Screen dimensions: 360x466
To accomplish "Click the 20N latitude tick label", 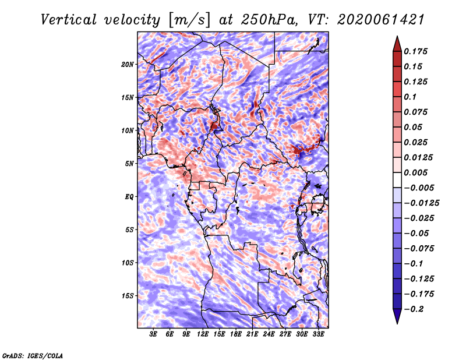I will coord(128,64).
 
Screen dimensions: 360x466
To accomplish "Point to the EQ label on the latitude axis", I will coord(129,196).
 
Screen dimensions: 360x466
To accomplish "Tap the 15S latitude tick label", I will coord(128,295).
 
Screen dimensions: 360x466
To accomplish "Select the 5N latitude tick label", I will coord(129,163).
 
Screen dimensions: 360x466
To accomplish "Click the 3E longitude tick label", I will coord(154,334).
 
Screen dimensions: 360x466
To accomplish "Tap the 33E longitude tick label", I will coord(319,334).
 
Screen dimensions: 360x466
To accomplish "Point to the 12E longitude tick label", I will coord(203,334).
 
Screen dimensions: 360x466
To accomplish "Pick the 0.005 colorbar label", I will coord(417,172).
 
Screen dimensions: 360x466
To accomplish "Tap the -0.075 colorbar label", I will coord(420,249).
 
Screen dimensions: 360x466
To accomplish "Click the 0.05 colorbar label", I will coord(414,127).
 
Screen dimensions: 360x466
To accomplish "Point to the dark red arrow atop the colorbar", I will coord(397,43).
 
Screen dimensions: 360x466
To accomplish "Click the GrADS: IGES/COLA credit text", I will coord(33,355).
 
